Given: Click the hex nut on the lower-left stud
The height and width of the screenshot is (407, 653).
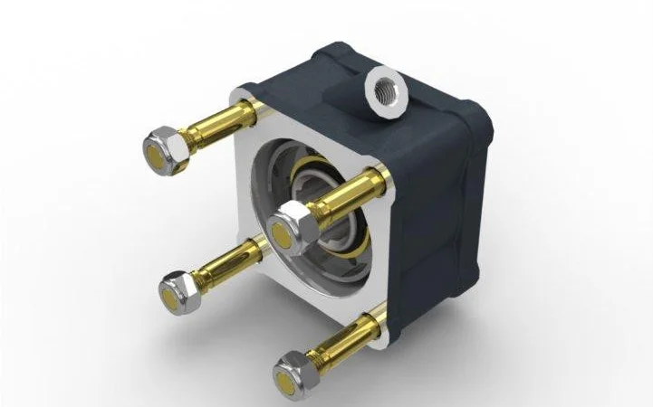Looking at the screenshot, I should click(x=178, y=290).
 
